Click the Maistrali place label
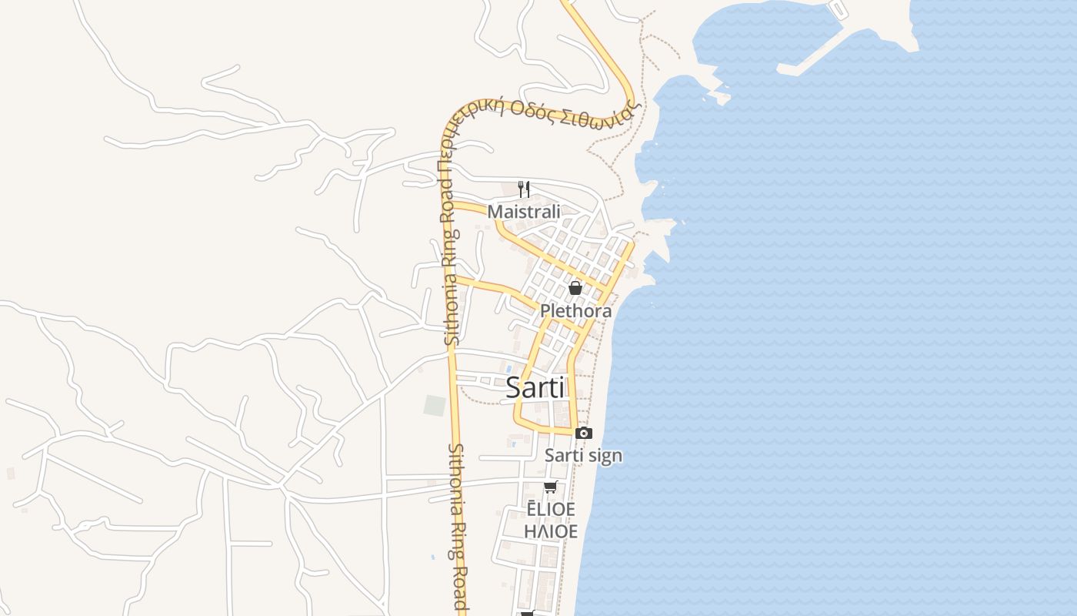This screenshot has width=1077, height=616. click(524, 211)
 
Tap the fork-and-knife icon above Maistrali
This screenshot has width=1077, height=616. click(524, 189)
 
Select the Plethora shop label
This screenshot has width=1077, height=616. click(575, 311)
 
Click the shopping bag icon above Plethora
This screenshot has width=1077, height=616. click(575, 288)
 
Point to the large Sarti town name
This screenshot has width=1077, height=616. click(535, 388)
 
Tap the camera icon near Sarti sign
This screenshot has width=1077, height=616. click(584, 433)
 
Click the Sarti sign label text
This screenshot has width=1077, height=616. click(583, 456)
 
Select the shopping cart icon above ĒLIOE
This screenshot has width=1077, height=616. click(550, 487)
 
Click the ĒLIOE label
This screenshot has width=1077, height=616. click(551, 509)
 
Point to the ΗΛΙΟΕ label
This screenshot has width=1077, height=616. click(551, 531)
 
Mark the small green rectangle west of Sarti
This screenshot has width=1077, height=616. click(435, 406)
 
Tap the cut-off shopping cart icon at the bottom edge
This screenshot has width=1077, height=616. click(528, 613)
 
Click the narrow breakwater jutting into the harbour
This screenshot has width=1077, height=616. click(808, 58)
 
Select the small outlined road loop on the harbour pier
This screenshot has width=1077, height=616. click(837, 8)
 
